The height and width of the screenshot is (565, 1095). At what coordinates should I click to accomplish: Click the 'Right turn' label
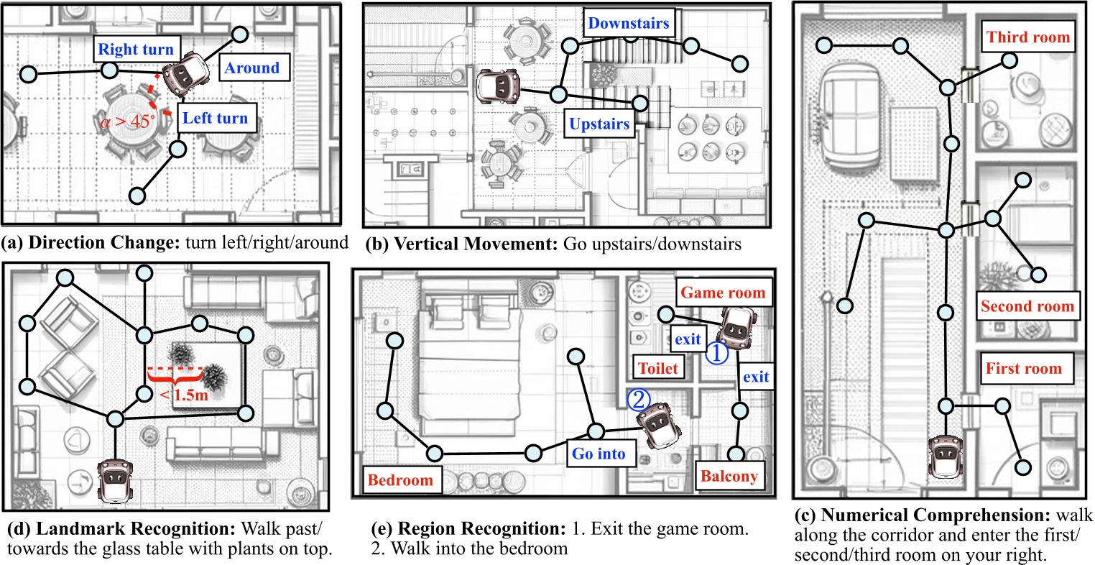click(x=136, y=50)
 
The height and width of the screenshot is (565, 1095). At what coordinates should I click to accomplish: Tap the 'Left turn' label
click(x=215, y=118)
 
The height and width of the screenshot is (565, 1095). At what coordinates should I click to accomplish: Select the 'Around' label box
click(x=251, y=68)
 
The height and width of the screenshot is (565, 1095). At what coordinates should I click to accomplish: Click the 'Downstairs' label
click(x=628, y=23)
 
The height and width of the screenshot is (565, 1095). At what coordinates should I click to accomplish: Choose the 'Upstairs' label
click(x=599, y=124)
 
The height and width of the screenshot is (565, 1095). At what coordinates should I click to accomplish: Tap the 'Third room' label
click(x=1027, y=37)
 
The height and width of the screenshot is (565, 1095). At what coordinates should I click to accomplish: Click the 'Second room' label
click(x=1027, y=306)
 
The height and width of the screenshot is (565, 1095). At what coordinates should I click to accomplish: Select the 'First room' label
click(x=1023, y=369)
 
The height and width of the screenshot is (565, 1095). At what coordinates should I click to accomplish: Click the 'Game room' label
click(x=722, y=293)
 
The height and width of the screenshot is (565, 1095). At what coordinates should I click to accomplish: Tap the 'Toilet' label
click(x=658, y=368)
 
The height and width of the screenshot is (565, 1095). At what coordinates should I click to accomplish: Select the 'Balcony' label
click(x=729, y=477)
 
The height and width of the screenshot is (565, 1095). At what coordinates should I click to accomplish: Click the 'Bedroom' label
click(x=400, y=480)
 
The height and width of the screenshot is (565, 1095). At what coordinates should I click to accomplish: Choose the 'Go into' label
click(x=599, y=454)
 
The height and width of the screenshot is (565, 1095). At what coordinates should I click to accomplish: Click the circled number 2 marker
click(x=638, y=399)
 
